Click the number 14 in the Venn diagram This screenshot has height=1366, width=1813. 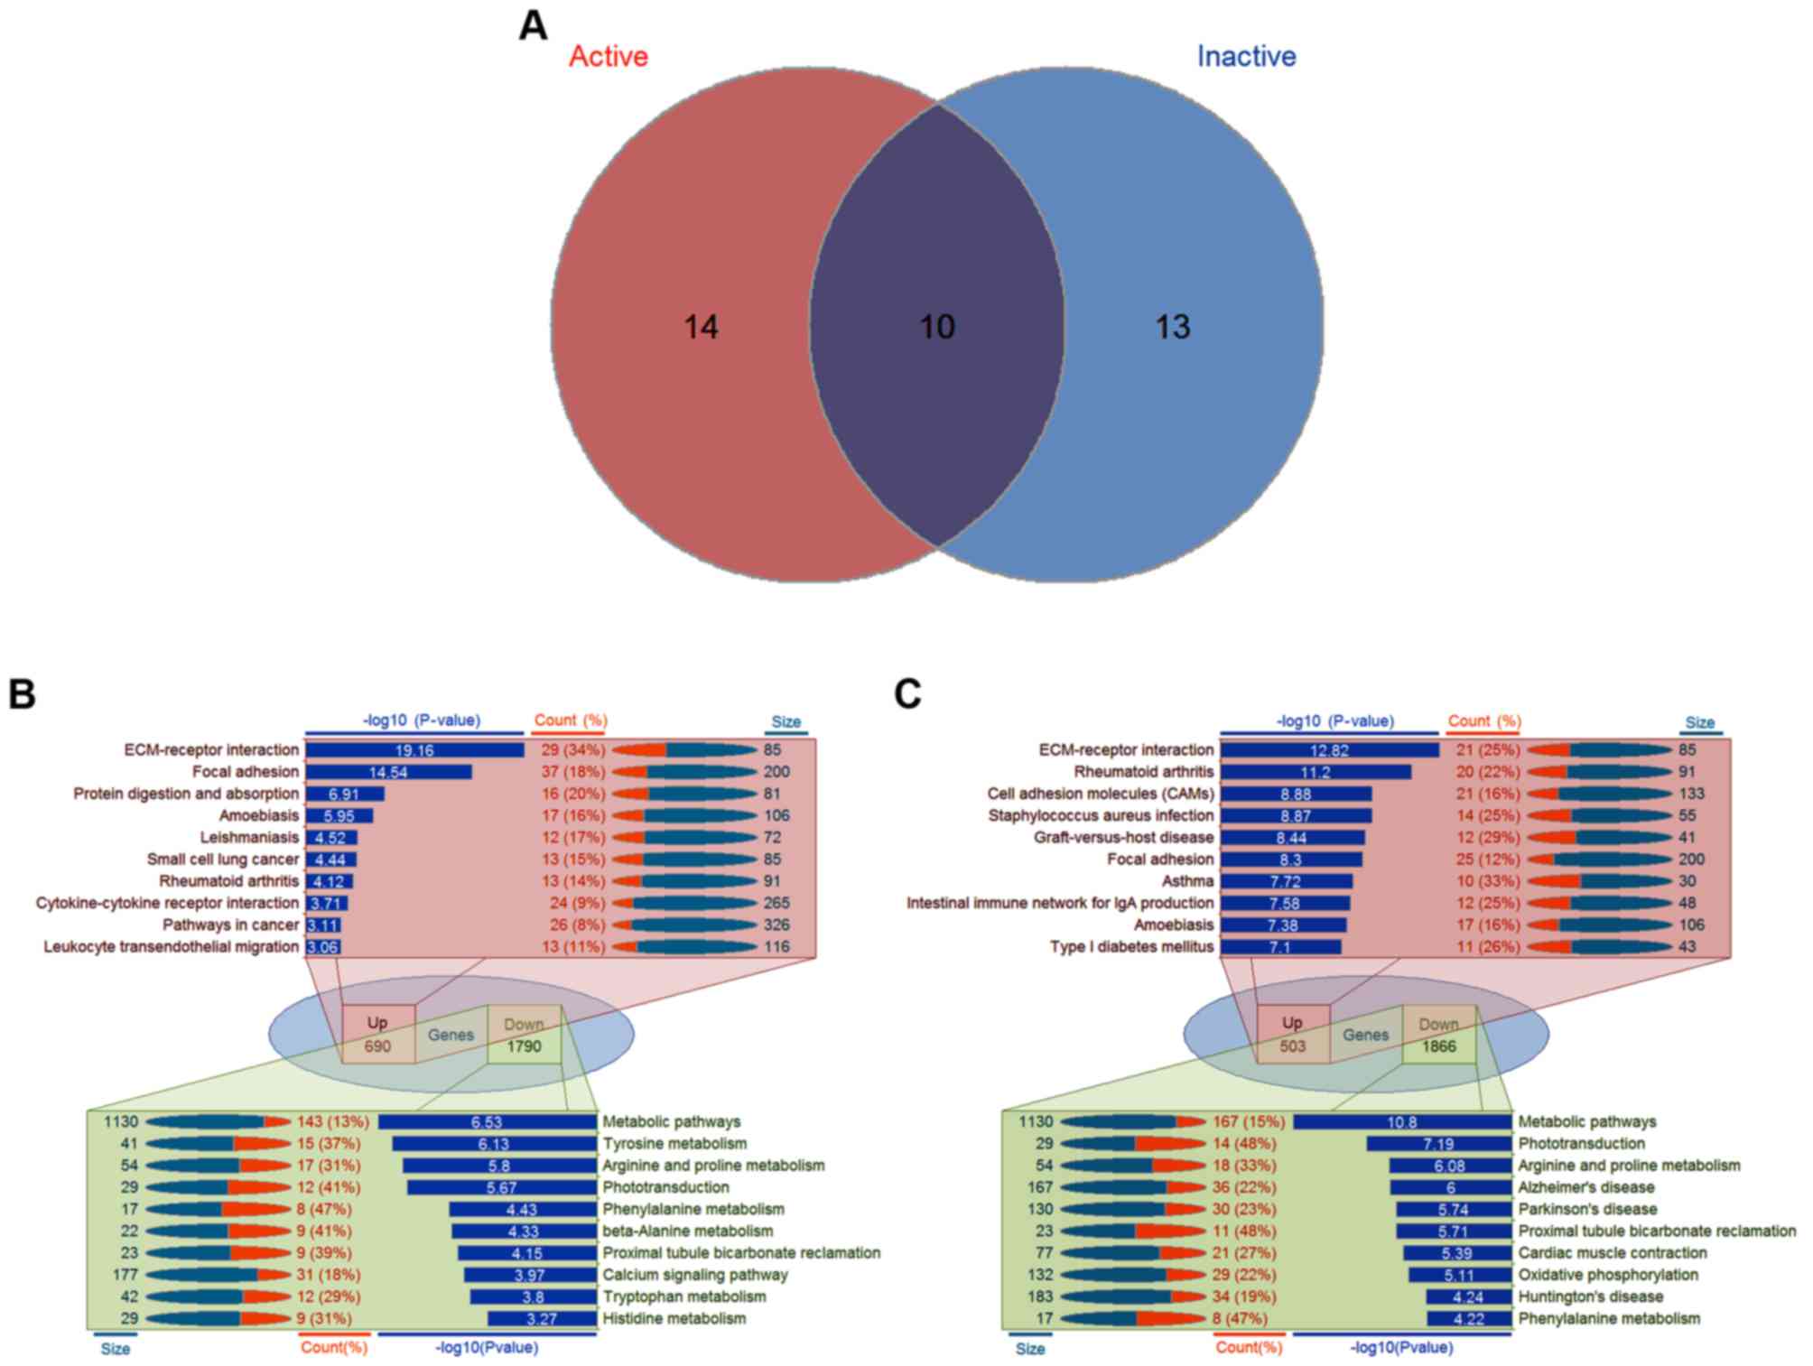coord(701,327)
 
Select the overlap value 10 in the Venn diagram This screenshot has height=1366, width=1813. coord(937,327)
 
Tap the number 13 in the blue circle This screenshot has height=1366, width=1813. coord(1173,327)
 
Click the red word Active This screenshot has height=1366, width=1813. coord(608,57)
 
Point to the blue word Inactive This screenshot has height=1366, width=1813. coord(1246,57)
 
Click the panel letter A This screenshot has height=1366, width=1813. coord(533,26)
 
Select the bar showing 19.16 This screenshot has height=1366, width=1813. coord(414,750)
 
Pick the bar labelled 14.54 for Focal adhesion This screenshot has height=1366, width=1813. coord(388,772)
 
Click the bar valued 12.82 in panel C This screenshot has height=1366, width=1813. coord(1329,750)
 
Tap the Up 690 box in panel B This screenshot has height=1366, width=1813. coord(377,1035)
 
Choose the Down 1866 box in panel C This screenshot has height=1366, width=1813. coord(1438,1035)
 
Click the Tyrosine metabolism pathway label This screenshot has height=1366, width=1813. coord(674,1144)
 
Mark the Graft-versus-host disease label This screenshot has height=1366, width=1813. coord(1123,837)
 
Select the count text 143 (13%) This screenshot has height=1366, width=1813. coord(333,1122)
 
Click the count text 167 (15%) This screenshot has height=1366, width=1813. coord(1249,1122)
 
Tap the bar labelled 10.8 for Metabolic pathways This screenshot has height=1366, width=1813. coord(1401,1122)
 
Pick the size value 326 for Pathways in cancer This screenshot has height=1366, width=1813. coord(776,925)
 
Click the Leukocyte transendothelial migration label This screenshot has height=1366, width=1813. coord(172,947)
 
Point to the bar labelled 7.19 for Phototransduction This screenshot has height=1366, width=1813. coord(1438,1144)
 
